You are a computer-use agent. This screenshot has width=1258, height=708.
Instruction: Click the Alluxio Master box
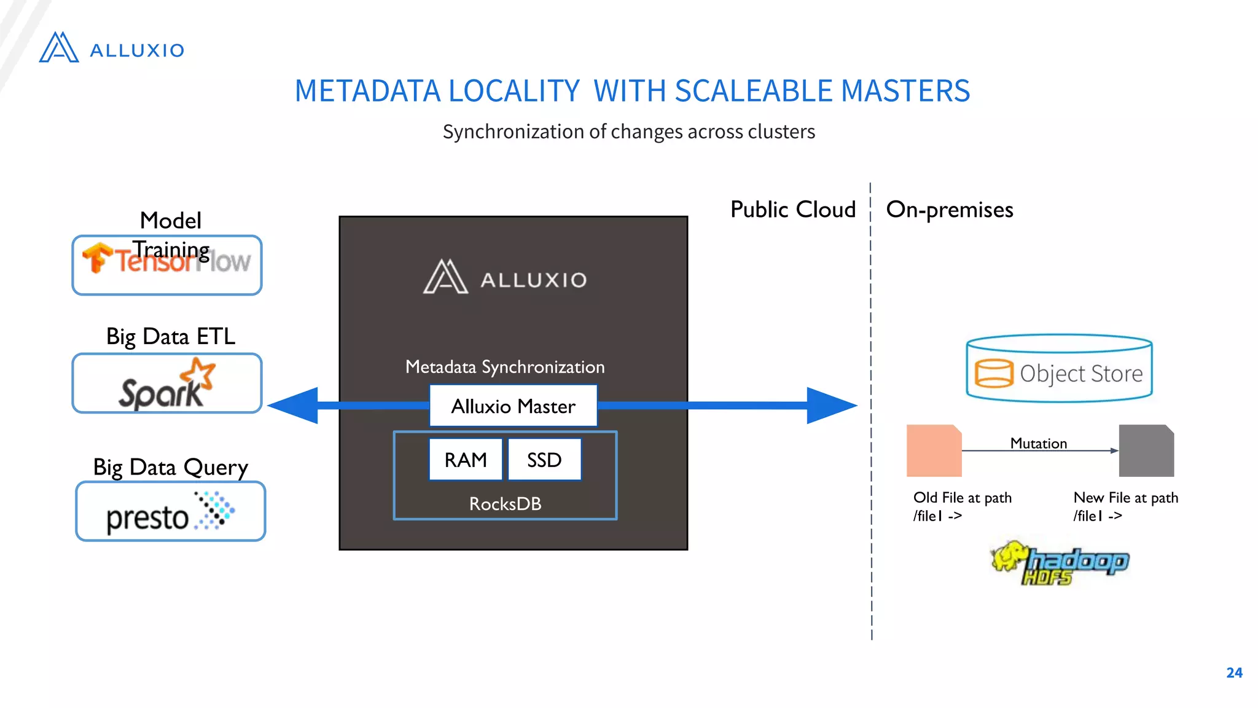(x=513, y=406)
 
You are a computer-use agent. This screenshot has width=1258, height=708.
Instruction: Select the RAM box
(x=466, y=460)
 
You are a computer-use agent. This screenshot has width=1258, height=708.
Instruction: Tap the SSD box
(x=544, y=460)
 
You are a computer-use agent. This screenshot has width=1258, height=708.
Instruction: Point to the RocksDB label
(x=505, y=504)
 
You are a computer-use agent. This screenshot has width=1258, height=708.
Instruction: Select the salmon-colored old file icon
(x=934, y=450)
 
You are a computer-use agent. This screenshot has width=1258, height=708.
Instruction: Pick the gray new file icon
(x=1146, y=450)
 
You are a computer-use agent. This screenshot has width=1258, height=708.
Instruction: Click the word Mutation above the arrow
(x=1038, y=443)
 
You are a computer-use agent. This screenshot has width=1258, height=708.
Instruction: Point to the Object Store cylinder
(x=1059, y=369)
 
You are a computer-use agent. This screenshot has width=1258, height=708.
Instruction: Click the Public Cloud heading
(x=792, y=210)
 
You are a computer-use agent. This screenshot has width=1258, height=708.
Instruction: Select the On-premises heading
(x=950, y=210)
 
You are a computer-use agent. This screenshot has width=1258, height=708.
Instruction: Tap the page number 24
(x=1234, y=672)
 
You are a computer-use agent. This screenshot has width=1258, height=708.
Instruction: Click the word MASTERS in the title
(x=905, y=91)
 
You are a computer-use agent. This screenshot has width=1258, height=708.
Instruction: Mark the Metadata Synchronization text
(x=505, y=367)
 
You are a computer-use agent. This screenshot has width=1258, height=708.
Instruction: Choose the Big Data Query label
(x=170, y=467)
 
